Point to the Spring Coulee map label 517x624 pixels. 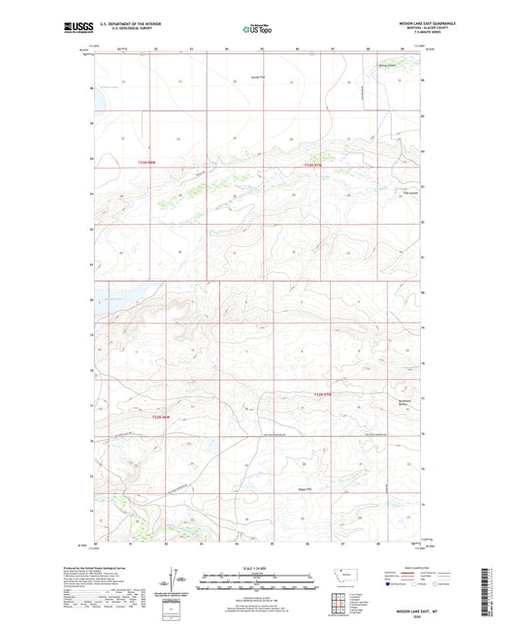click(x=387, y=66)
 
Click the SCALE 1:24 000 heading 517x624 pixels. click(x=258, y=566)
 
